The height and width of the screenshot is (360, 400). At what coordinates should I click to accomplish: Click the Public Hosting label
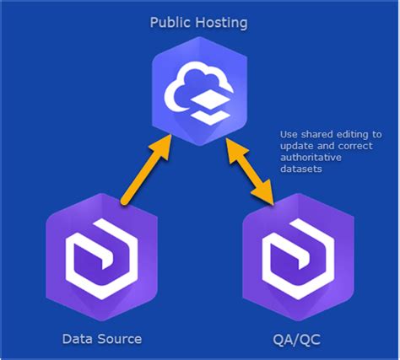(x=199, y=23)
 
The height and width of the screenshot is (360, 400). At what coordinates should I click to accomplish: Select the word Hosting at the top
(x=221, y=23)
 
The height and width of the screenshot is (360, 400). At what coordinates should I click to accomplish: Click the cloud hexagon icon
(x=199, y=86)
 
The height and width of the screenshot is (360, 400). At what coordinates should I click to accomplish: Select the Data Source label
(x=102, y=339)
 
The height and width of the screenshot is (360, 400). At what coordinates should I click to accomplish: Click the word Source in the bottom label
(x=119, y=339)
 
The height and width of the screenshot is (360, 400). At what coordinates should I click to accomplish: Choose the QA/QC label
(x=295, y=339)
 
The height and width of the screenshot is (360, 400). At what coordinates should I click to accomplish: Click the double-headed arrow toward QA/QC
(x=251, y=173)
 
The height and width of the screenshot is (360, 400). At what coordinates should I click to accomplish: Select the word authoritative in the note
(x=307, y=159)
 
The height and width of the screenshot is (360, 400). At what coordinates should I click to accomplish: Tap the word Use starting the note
(x=289, y=135)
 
